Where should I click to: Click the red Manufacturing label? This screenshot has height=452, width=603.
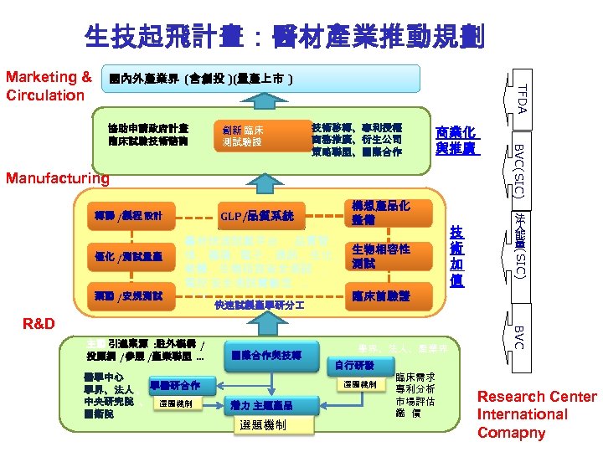[x=58, y=177]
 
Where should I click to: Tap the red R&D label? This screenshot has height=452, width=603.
[x=41, y=323]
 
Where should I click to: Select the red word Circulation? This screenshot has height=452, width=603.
[x=45, y=95]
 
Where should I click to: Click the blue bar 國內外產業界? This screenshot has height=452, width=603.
[x=260, y=79]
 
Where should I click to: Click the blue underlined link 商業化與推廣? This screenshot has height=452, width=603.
[x=456, y=141]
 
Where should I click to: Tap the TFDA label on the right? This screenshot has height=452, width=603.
[x=520, y=98]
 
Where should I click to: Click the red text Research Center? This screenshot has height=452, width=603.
[x=537, y=397]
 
